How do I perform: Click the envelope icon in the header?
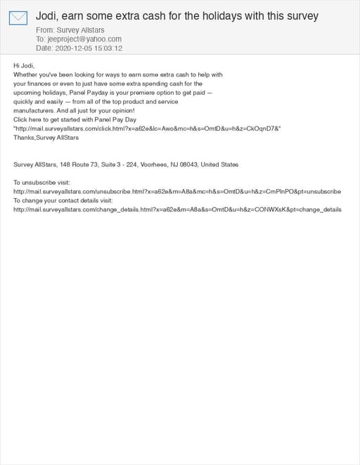(x=18, y=18)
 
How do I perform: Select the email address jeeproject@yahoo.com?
(x=84, y=39)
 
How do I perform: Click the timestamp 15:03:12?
(x=110, y=48)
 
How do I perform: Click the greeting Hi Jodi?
(x=24, y=65)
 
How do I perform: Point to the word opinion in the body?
(x=122, y=111)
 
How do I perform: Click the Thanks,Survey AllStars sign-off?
(x=46, y=138)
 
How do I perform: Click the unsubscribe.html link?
(x=177, y=191)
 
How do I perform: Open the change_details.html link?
(x=177, y=209)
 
